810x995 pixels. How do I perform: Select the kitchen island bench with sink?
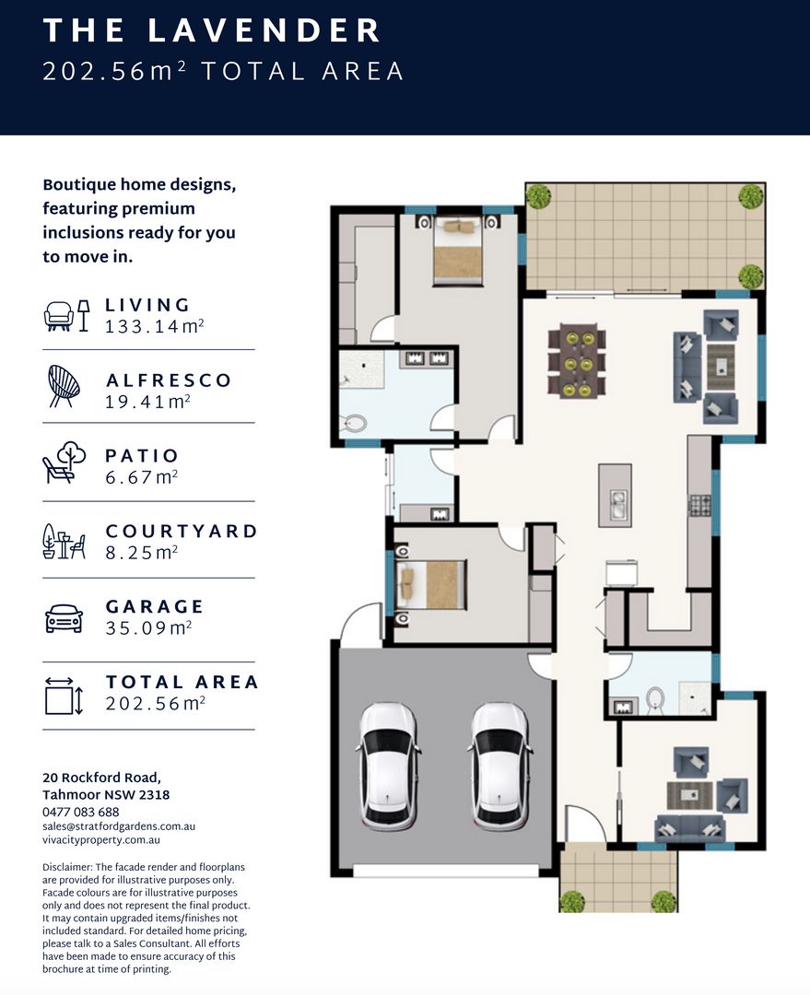[x=615, y=495]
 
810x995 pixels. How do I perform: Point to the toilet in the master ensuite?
[x=354, y=423]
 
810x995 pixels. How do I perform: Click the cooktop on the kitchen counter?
[x=700, y=506]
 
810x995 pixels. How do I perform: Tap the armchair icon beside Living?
[x=59, y=315]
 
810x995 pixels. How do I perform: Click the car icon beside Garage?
[x=65, y=619]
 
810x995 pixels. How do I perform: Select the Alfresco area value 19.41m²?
[x=148, y=402]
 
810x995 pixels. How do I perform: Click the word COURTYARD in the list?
[x=182, y=532]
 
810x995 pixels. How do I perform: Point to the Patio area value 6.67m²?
[x=142, y=477]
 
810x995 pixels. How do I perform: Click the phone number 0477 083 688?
[x=80, y=812]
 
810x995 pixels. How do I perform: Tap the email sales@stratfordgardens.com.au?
[x=119, y=826]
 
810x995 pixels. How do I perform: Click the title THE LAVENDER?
[x=212, y=30]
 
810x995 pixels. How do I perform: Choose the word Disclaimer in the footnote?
[x=67, y=867]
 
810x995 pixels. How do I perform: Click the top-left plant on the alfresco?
[x=539, y=195]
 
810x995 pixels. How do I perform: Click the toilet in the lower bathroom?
[x=655, y=698]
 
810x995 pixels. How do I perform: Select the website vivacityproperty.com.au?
[x=101, y=840]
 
